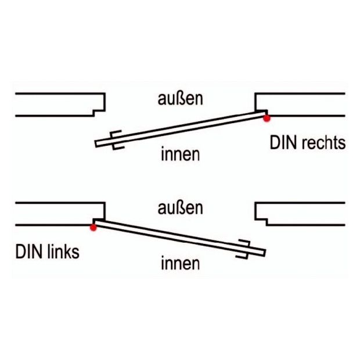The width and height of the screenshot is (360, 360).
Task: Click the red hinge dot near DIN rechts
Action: (x=267, y=118)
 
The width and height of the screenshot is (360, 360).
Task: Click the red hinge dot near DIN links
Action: (x=93, y=228)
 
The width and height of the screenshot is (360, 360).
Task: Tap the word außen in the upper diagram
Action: (x=180, y=99)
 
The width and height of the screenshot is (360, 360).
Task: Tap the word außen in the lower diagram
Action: (x=180, y=208)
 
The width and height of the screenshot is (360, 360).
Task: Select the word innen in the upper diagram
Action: (x=180, y=154)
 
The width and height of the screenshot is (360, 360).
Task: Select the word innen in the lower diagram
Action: (x=180, y=263)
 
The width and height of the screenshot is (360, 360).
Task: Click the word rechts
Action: (x=324, y=143)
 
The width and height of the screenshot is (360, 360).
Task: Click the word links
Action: (x=63, y=252)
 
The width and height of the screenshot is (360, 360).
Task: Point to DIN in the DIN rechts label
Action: (x=284, y=143)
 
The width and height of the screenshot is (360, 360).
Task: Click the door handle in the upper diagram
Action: (x=117, y=140)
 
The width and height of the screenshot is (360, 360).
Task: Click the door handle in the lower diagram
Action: (x=243, y=249)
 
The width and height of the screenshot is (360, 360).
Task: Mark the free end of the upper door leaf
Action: (x=96, y=144)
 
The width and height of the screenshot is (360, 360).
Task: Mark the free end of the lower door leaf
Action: (x=265, y=253)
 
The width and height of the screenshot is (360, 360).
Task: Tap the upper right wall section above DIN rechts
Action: (x=300, y=105)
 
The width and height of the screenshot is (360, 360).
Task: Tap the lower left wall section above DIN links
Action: (x=60, y=214)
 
